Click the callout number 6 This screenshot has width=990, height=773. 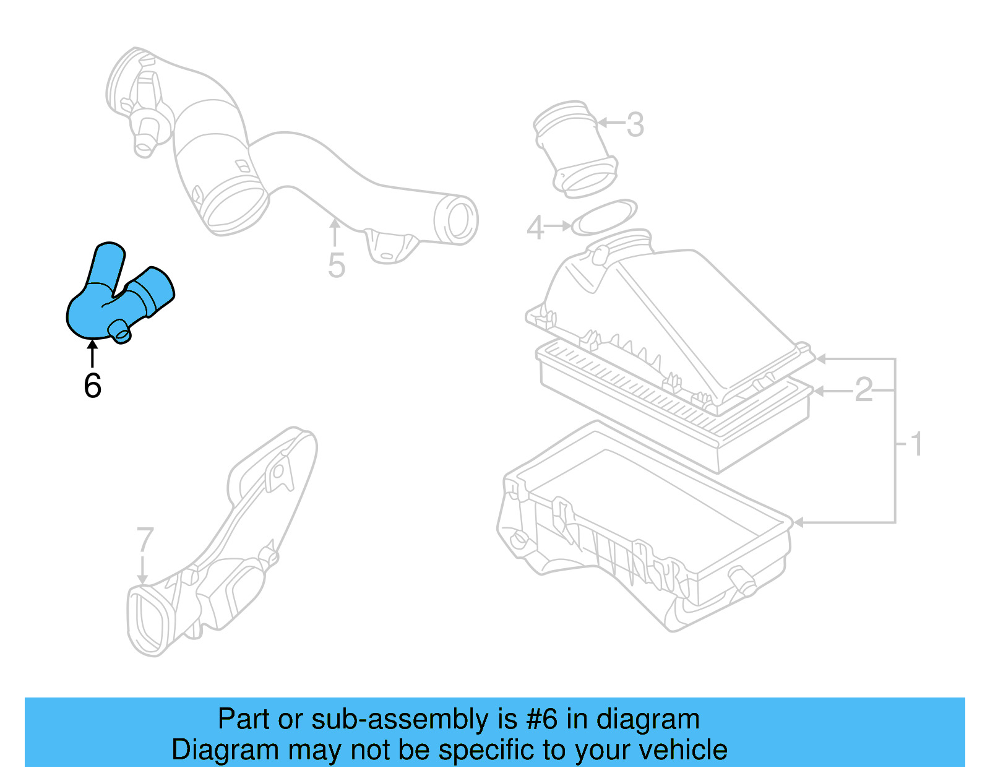pyautogui.click(x=92, y=386)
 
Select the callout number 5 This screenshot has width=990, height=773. pyautogui.click(x=336, y=266)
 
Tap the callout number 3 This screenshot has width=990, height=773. pyautogui.click(x=635, y=124)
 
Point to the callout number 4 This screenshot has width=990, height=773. pyautogui.click(x=535, y=228)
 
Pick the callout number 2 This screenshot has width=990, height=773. pyautogui.click(x=863, y=390)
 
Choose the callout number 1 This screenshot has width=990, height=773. pyautogui.click(x=917, y=444)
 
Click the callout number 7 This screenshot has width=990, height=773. pyautogui.click(x=144, y=540)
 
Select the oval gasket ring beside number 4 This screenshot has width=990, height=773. pyautogui.click(x=604, y=217)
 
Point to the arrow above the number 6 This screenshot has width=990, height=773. pyautogui.click(x=92, y=353)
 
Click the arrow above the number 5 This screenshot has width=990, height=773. pyautogui.click(x=335, y=233)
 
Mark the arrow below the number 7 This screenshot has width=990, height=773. pyautogui.click(x=143, y=569)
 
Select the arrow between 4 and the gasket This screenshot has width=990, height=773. pyautogui.click(x=559, y=226)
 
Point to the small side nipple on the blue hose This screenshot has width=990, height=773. pyautogui.click(x=120, y=332)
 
